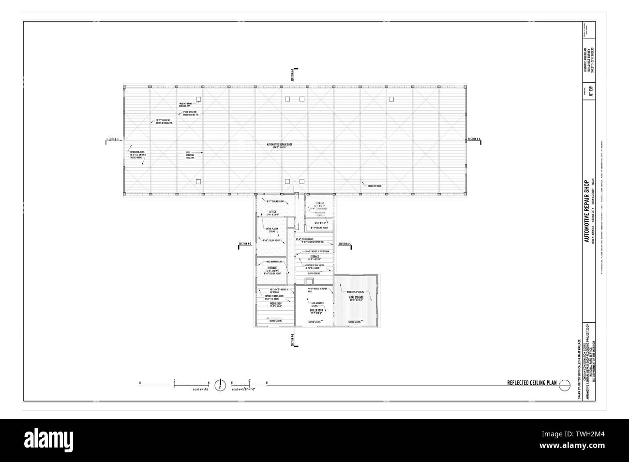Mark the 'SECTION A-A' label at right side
(x=474, y=139)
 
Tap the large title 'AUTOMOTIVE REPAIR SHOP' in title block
(x=586, y=205)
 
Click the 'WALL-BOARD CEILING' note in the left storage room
(x=273, y=262)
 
